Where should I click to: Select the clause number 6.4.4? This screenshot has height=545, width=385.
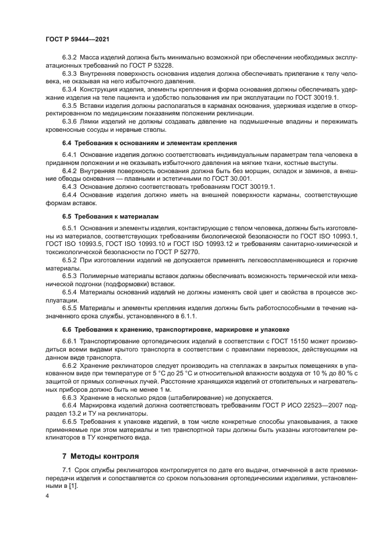point(70,195)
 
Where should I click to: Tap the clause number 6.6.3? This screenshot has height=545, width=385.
point(70,397)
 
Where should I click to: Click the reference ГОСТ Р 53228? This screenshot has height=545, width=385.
point(146,68)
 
